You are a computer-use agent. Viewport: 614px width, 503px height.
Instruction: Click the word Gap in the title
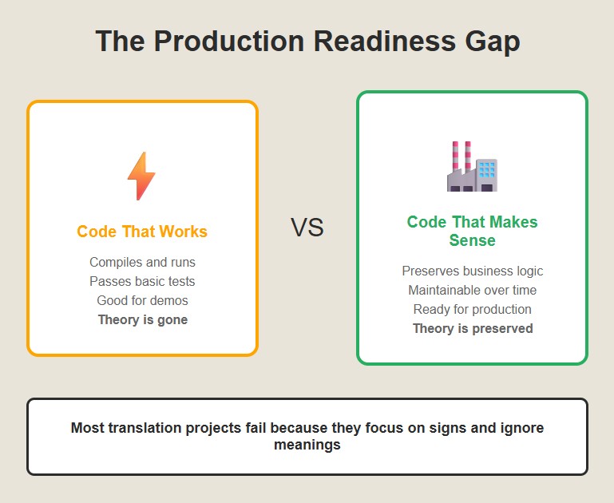point(493,41)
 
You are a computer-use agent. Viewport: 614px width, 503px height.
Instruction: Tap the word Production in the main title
point(229,40)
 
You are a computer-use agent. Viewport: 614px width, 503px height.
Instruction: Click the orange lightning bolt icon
point(141,176)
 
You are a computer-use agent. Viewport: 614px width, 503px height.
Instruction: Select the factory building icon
point(472,166)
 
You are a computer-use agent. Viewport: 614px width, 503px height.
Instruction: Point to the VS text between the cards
point(307,228)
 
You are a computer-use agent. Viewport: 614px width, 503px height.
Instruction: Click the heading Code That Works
point(142,232)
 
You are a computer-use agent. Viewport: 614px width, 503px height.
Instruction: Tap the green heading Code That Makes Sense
point(472,231)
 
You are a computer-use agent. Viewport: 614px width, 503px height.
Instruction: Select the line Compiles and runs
point(142,262)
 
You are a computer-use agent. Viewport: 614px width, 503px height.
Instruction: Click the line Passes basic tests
point(142,281)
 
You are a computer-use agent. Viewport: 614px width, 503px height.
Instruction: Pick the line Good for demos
point(143,300)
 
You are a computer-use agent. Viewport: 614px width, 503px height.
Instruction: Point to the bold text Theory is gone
point(143,320)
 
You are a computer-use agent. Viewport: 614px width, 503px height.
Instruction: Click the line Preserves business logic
point(473,271)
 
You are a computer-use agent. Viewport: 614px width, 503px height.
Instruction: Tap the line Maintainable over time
point(472,290)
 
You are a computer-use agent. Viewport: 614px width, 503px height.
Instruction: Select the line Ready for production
point(472,309)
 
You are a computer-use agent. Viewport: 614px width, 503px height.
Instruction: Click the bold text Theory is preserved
point(473,328)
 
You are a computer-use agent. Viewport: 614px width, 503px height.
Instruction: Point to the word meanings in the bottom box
point(307,445)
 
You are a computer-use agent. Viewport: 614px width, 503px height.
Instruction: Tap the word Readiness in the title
point(385,40)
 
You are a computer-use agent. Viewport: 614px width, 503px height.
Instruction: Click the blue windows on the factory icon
point(487,170)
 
